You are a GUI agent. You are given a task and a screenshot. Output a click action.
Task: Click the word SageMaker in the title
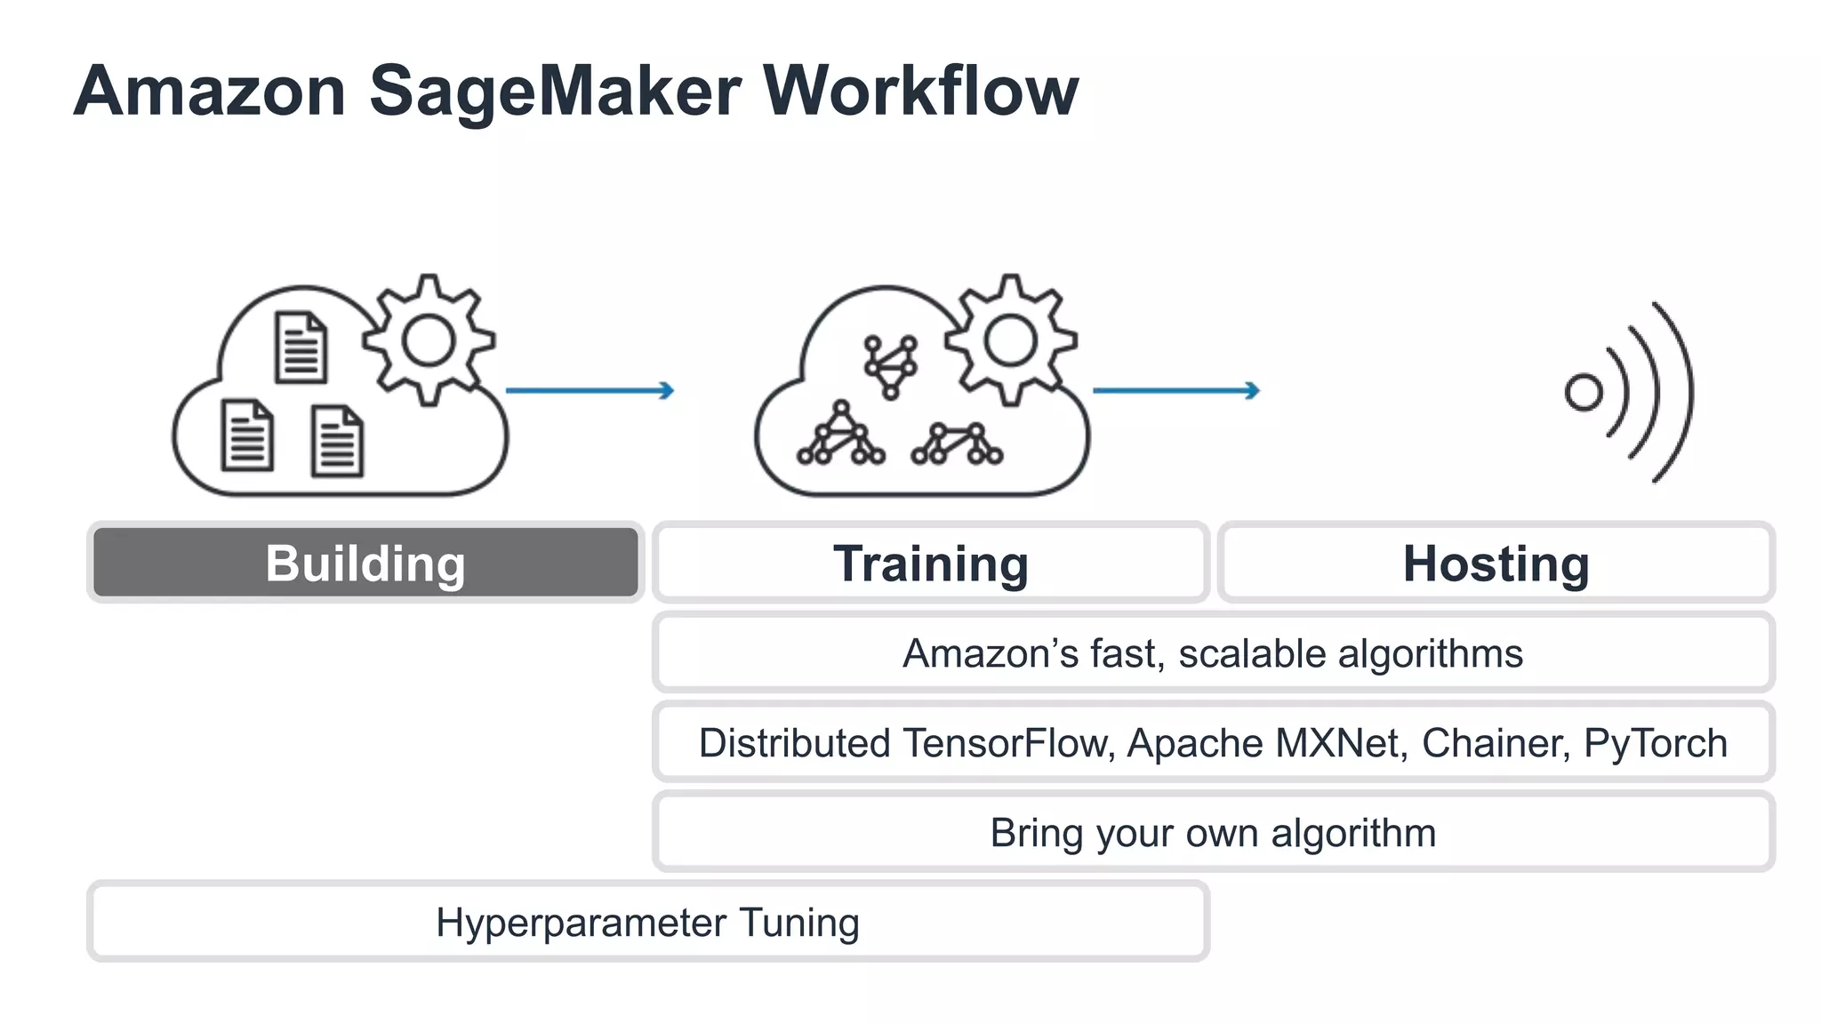[x=555, y=92]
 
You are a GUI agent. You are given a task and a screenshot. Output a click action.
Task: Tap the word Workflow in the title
[x=920, y=92]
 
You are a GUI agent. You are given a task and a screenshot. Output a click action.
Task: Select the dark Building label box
[x=365, y=563]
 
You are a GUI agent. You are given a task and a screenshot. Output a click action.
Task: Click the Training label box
[x=930, y=564]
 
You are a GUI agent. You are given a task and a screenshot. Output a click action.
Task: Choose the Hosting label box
[x=1496, y=564]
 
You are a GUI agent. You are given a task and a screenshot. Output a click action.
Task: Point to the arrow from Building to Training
[x=590, y=390]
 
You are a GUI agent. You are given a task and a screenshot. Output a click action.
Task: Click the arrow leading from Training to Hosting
[x=1175, y=390]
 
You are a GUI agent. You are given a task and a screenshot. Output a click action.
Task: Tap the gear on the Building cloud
[x=429, y=340]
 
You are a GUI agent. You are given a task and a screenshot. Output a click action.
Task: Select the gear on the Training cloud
[x=1010, y=340]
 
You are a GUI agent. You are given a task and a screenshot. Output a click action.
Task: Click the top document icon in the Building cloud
[x=301, y=348]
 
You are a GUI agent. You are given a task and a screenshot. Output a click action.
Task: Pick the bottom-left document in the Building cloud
[x=246, y=435]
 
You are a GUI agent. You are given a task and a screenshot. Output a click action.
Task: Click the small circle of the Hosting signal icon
[x=1583, y=392]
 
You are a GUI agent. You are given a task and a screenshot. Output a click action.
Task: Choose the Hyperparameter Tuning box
[x=647, y=922]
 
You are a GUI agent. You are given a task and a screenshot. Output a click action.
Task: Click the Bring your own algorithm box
[x=1213, y=833]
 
